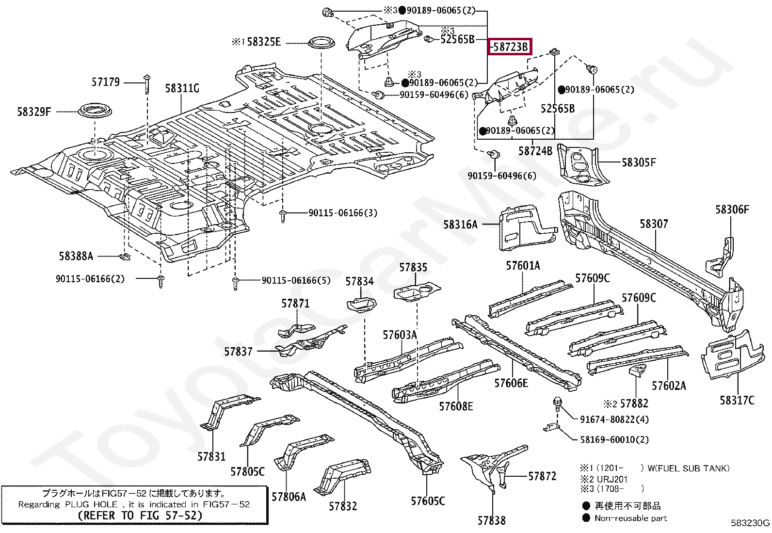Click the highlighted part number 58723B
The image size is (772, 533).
[509, 47]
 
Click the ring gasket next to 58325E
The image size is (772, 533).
[322, 43]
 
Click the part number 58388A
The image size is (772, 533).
[76, 256]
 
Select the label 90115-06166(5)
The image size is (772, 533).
[296, 280]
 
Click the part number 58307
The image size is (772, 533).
[653, 224]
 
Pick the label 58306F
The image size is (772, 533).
[732, 210]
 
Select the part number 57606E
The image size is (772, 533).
[511, 383]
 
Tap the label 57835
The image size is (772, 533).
[413, 267]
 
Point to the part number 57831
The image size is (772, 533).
[211, 456]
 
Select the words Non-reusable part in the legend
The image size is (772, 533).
[630, 518]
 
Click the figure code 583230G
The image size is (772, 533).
[750, 523]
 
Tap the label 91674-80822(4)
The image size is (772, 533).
[614, 420]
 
